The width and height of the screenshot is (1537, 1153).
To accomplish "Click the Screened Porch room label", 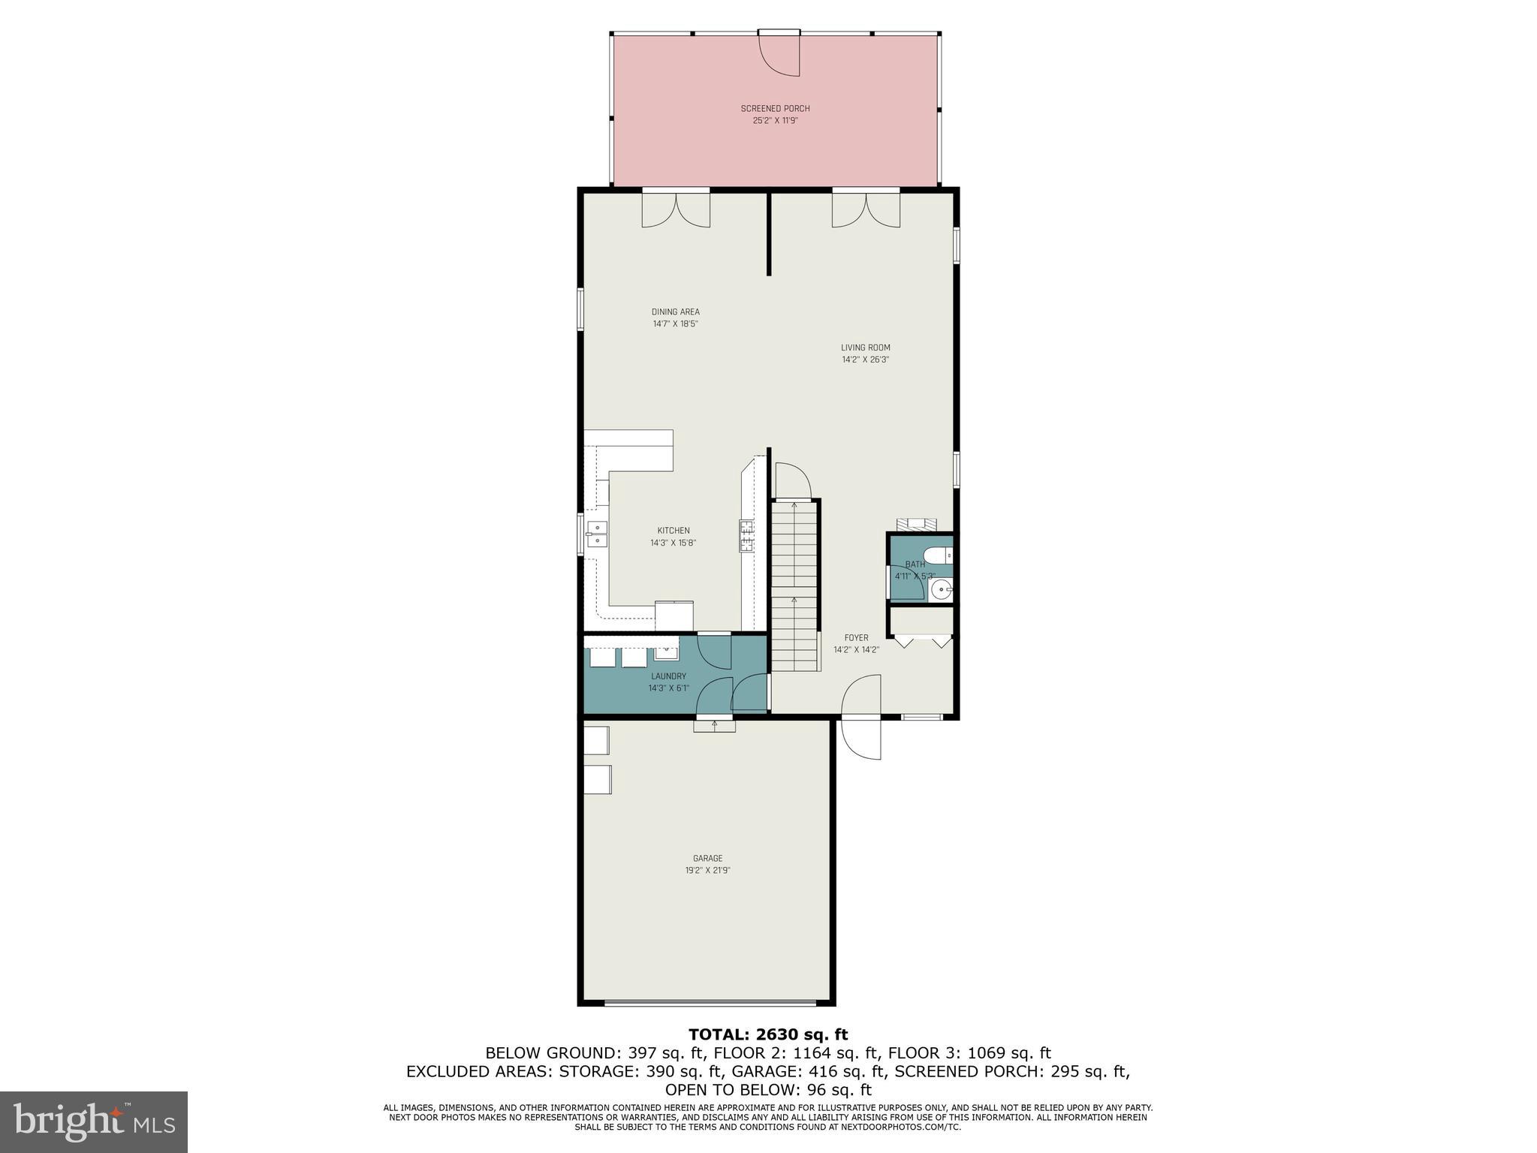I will [775, 109].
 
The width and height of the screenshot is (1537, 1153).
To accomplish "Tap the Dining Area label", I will [675, 312].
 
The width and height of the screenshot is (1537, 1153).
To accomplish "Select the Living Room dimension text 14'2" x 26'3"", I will [865, 360].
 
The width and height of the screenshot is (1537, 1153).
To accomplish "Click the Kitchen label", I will [673, 531].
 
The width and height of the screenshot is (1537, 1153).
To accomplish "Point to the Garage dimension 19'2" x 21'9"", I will [707, 871].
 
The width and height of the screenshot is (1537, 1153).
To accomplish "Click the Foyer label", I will [856, 638].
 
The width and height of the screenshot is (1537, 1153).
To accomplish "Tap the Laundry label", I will [668, 676].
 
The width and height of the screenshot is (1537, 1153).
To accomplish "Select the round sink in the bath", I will [940, 591].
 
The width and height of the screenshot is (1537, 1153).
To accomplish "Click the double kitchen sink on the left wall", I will [598, 534].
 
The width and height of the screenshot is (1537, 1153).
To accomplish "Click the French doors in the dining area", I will [676, 210].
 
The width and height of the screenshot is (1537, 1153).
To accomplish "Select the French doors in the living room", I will [866, 210].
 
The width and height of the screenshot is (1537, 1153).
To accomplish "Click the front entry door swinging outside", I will [862, 739].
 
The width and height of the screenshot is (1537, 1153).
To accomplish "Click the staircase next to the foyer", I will [794, 586].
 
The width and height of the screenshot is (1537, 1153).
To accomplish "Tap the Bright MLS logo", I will [94, 1122].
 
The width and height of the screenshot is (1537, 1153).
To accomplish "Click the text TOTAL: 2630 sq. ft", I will [768, 1035].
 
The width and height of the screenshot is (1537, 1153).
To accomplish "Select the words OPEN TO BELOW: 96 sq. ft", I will [768, 1089].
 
